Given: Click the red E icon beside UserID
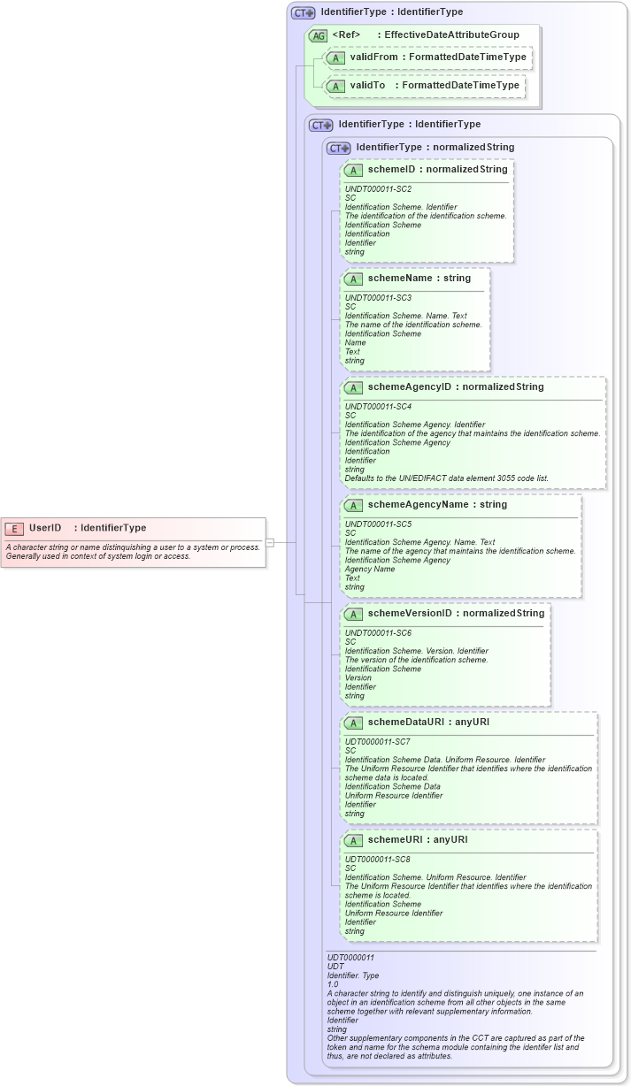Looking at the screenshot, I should coord(14,528).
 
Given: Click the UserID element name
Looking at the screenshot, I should coord(44,528).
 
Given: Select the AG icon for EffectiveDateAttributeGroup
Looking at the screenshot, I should coord(318,35).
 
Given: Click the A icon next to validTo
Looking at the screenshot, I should coord(335,86).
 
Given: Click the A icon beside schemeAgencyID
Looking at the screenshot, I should coord(353,387).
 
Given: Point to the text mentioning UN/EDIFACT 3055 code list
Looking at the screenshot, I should coord(446,478).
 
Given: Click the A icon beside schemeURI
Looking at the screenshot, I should coord(353,840).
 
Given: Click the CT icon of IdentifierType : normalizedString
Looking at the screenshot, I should coord(340,148).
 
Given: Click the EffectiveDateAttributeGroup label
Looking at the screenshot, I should coord(451,34).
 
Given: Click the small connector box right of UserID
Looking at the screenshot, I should coord(270,542).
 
